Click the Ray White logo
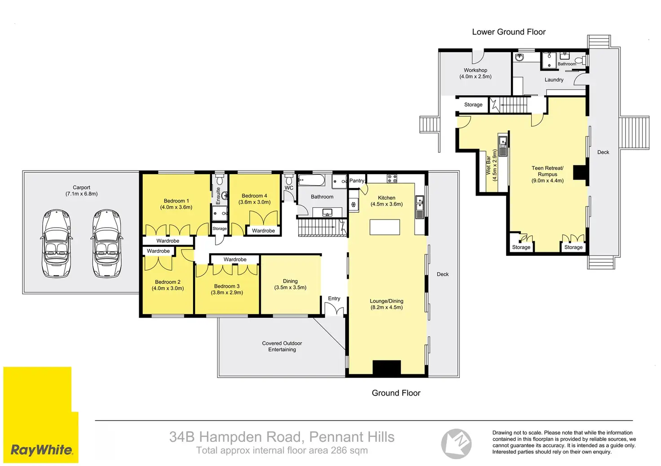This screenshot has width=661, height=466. coord(41,415)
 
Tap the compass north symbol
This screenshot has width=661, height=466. coord(456,444)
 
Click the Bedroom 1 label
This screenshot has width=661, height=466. coord(176,201)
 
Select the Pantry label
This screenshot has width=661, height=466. coord(357,181)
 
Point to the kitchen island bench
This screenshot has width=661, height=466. coord(385,227)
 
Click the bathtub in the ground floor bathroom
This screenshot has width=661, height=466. coord(311,180)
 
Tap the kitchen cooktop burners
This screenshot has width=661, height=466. coord(392,178)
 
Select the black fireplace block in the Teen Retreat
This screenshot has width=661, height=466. coord(580,172)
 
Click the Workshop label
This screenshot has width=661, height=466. coord(476,70)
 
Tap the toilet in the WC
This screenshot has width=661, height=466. coord(289,179)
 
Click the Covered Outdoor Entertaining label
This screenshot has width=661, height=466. coord(282,346)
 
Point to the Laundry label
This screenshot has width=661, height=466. coord(554,79)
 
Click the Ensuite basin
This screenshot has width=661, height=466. coord(225,195)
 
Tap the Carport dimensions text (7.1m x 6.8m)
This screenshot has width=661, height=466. coord(81,194)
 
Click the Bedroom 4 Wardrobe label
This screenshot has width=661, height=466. coord(263,231)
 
